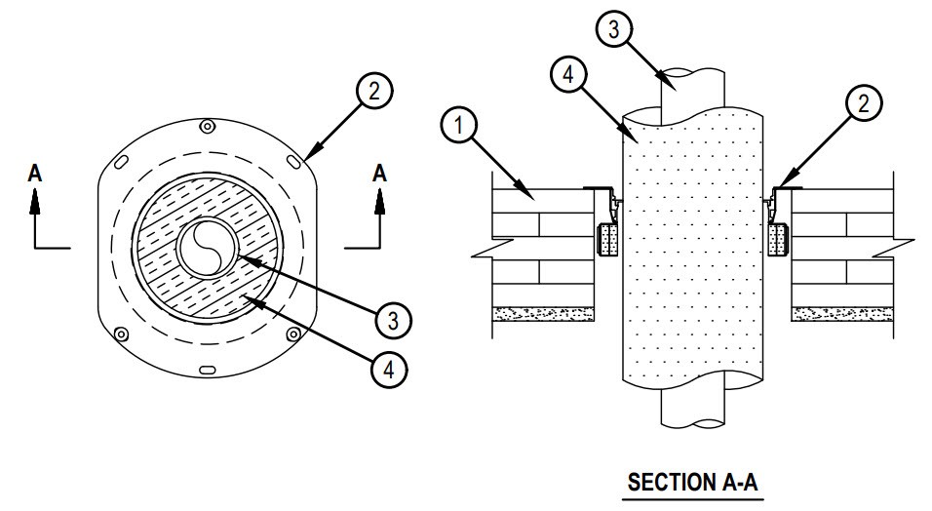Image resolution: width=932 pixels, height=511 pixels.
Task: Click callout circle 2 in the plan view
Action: click(x=373, y=91)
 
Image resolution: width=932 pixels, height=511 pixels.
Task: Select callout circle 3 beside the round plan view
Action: click(x=394, y=321)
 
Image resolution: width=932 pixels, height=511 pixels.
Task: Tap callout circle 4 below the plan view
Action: click(x=389, y=370)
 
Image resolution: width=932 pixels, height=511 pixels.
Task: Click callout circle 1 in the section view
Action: click(x=459, y=126)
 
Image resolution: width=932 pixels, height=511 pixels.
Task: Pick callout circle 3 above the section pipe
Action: click(x=614, y=29)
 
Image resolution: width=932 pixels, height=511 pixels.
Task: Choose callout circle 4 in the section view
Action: click(x=568, y=74)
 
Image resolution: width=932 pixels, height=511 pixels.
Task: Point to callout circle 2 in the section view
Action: click(x=864, y=103)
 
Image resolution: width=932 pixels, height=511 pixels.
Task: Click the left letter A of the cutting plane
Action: click(x=35, y=174)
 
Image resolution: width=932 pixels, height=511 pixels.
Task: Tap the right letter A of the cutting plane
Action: click(x=380, y=174)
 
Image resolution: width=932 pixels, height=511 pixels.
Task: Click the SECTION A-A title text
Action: click(x=693, y=482)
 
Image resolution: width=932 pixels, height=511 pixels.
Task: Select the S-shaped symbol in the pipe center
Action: click(x=209, y=247)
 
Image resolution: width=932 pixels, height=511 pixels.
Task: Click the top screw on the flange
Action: click(x=207, y=126)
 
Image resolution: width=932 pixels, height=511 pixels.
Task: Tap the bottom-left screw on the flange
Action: click(x=121, y=334)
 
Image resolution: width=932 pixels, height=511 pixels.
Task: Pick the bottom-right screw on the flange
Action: click(x=293, y=334)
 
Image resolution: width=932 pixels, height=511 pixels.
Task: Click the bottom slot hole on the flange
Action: click(x=207, y=370)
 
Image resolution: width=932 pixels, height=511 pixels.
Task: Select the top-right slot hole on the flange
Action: click(x=293, y=161)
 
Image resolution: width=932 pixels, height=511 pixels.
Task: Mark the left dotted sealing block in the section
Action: click(x=606, y=240)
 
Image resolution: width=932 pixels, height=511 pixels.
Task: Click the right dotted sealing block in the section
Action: click(x=777, y=240)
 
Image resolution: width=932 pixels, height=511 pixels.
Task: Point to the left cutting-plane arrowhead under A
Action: click(x=35, y=201)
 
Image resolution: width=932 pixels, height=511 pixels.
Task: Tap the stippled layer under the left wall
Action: click(x=543, y=314)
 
